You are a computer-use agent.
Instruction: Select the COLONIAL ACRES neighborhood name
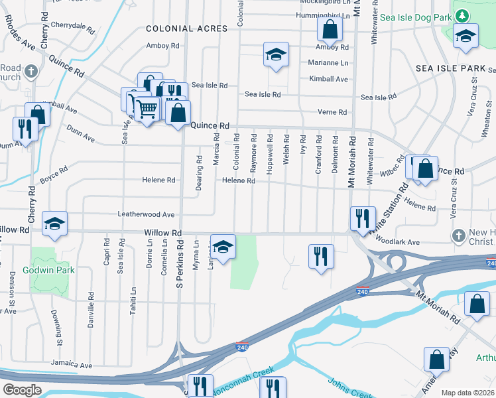[186, 29]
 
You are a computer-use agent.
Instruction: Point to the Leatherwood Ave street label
[146, 214]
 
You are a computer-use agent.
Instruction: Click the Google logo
[22, 390]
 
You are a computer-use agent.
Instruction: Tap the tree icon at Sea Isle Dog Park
[462, 15]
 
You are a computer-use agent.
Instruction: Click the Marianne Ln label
[328, 62]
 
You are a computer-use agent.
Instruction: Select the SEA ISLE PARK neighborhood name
[451, 68]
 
